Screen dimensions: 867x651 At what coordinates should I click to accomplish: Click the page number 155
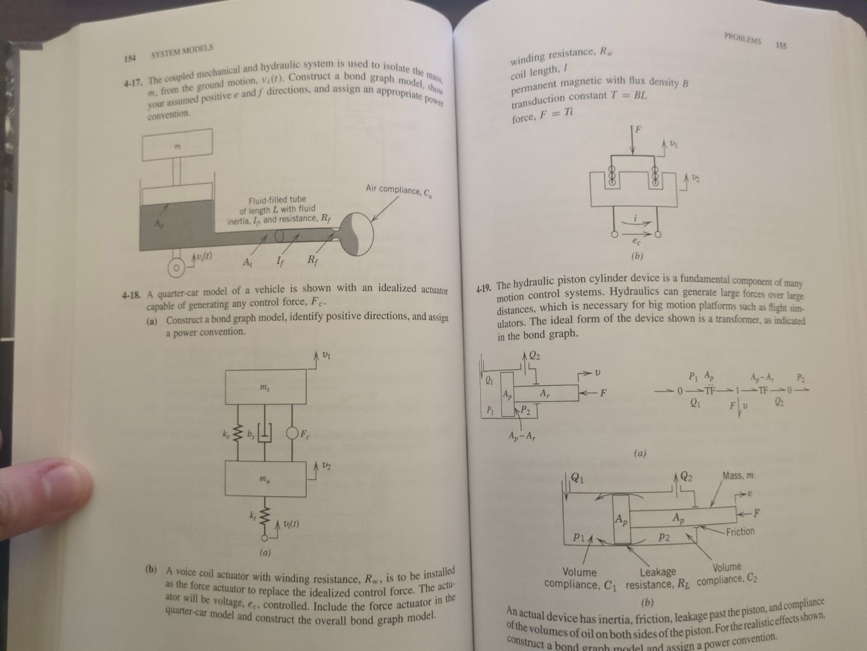point(781,46)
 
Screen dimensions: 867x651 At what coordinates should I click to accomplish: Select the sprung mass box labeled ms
point(266,387)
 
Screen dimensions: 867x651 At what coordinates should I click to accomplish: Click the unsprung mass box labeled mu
point(266,478)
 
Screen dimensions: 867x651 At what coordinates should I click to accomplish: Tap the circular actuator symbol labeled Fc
point(293,434)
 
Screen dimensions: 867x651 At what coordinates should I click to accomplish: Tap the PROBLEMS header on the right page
point(742,40)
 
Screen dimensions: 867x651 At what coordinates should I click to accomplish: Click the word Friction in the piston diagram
point(740,531)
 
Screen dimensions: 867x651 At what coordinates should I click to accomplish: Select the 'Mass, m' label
point(737,476)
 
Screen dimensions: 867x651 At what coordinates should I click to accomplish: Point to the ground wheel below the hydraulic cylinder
point(176,268)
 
